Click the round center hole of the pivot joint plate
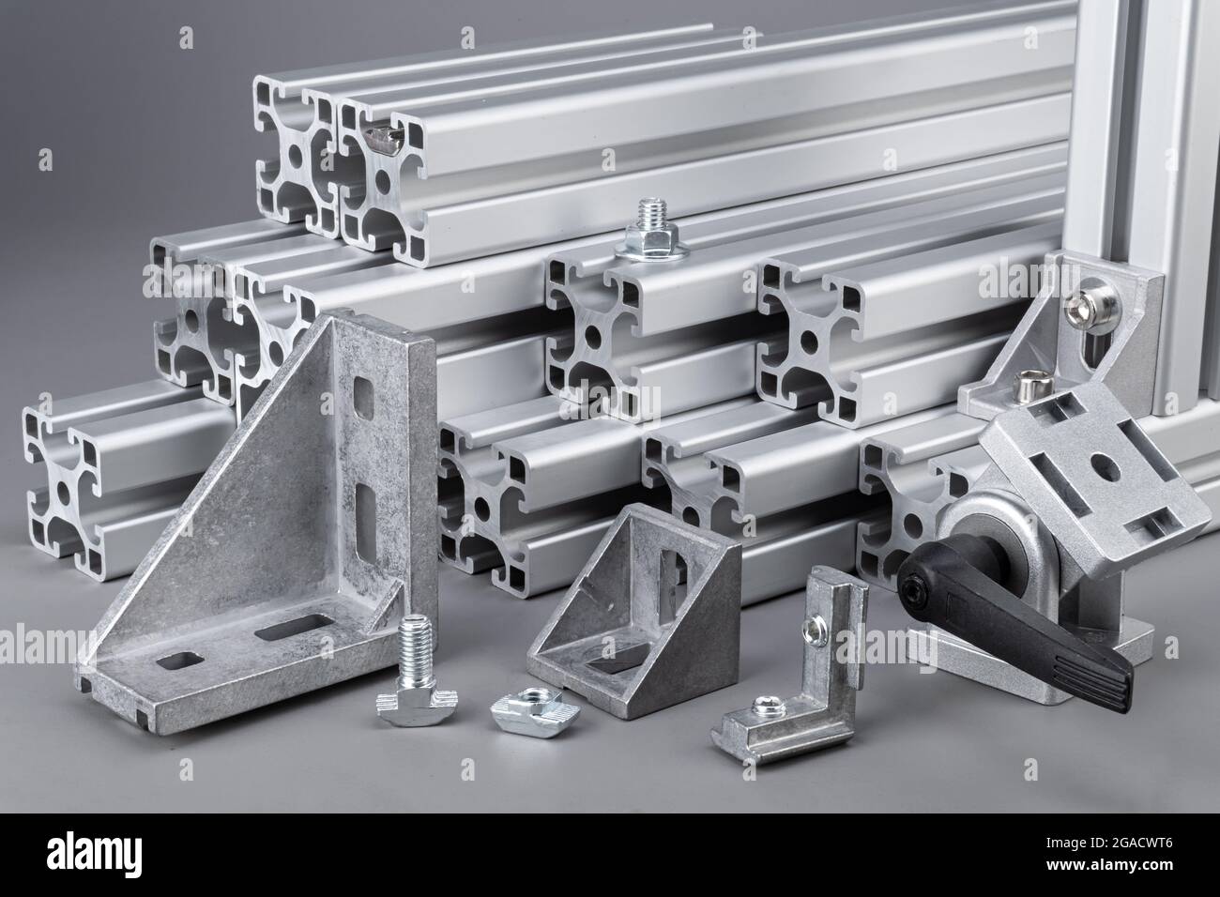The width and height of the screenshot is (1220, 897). (1103, 466)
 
